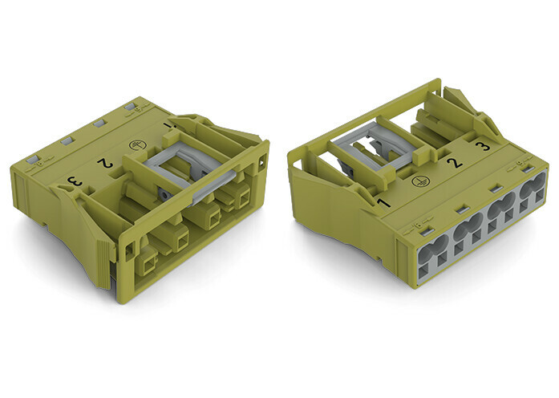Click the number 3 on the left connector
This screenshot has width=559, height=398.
pos(76,181)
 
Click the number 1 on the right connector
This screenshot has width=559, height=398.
pos(382,203)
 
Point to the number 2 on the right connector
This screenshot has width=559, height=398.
pos(454,163)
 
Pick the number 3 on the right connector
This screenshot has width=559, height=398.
pos(484,146)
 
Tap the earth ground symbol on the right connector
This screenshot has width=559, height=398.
pos(418,181)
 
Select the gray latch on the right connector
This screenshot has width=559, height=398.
pos(373,147)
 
